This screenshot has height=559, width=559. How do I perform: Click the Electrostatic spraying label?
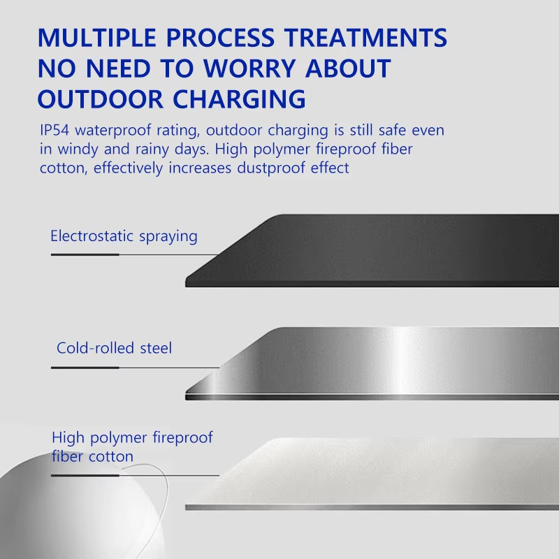click(124, 236)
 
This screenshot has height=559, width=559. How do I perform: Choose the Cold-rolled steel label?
click(114, 347)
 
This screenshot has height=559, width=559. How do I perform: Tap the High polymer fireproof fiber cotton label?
click(131, 447)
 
